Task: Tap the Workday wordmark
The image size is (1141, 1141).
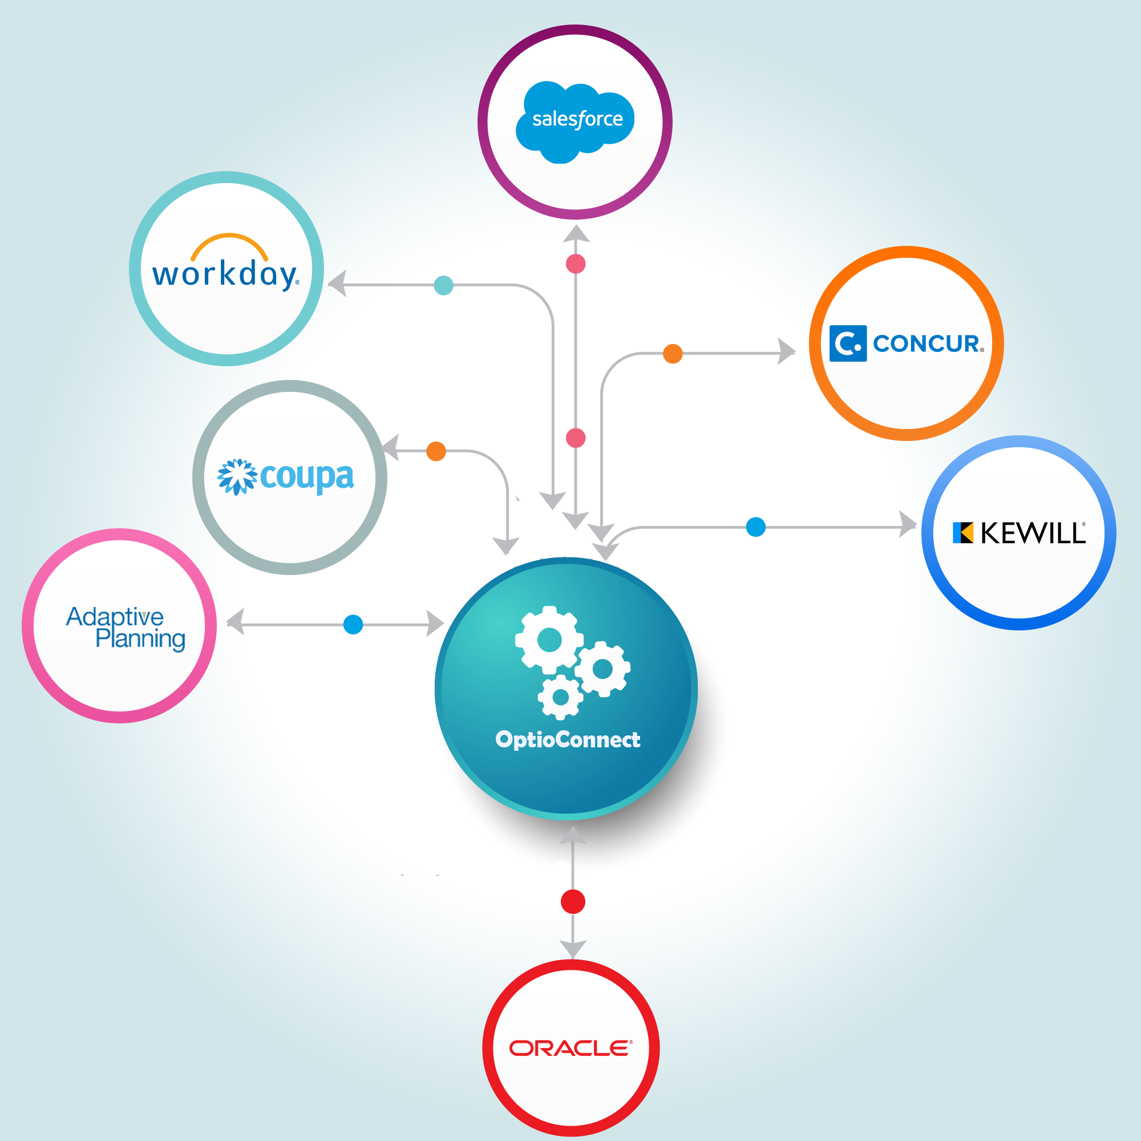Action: (x=224, y=274)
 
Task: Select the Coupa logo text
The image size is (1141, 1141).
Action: (x=306, y=476)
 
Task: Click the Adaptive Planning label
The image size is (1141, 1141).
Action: (x=126, y=627)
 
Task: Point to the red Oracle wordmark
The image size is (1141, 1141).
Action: (x=570, y=1048)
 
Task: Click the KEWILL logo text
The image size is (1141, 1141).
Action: (x=1033, y=533)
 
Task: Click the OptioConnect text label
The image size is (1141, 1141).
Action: (x=568, y=739)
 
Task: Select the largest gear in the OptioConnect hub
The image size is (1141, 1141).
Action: (x=549, y=640)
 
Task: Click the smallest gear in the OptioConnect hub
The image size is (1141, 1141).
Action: (x=560, y=698)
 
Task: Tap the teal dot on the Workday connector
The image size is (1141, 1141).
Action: (x=443, y=285)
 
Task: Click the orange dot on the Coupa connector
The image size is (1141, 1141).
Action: (x=436, y=451)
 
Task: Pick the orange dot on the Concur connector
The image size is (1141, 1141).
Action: (x=673, y=354)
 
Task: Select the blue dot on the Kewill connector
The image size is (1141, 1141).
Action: (x=756, y=527)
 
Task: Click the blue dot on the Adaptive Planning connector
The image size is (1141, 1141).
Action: (x=353, y=624)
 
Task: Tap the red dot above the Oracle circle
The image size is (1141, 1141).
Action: (x=573, y=902)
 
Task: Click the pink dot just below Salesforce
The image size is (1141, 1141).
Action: (x=576, y=264)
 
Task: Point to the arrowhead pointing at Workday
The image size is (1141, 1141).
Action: (x=338, y=284)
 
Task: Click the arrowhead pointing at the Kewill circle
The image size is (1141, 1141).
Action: (x=907, y=524)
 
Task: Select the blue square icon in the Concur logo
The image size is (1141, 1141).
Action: (x=848, y=343)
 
